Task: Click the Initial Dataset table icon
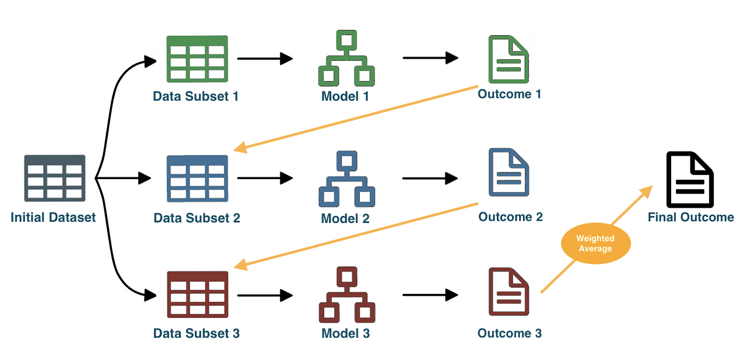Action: [x=55, y=178]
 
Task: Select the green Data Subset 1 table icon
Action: [x=197, y=59]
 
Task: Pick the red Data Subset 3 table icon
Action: [x=197, y=294]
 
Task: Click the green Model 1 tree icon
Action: [x=346, y=59]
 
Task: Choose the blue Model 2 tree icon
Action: [x=346, y=179]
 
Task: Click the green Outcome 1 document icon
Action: [x=509, y=59]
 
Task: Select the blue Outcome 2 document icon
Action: [x=509, y=172]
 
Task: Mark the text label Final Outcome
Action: [x=690, y=217]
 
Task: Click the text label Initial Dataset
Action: [x=53, y=218]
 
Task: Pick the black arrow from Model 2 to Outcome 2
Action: [x=430, y=178]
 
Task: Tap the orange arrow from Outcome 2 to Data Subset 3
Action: [x=357, y=235]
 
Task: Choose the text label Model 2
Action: [x=345, y=218]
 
